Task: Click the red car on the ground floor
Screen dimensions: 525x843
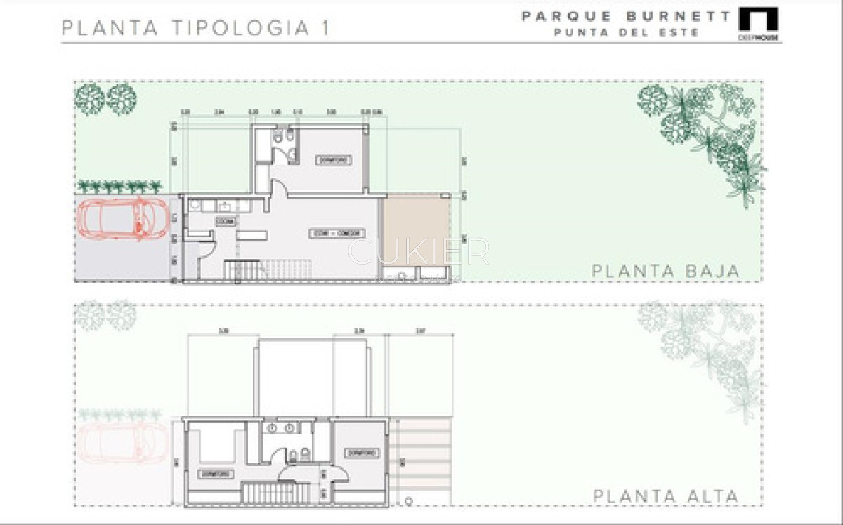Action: click(124, 218)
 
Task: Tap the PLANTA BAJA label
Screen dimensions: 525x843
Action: click(665, 271)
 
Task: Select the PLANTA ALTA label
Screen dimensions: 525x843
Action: click(665, 496)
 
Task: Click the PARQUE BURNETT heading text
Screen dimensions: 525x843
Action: click(625, 15)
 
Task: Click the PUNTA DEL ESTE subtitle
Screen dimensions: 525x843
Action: click(627, 32)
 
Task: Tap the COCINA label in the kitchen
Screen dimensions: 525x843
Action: click(226, 221)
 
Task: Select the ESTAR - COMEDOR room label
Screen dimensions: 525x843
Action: click(329, 233)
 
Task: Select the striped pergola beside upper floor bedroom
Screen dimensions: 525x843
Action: click(421, 456)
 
